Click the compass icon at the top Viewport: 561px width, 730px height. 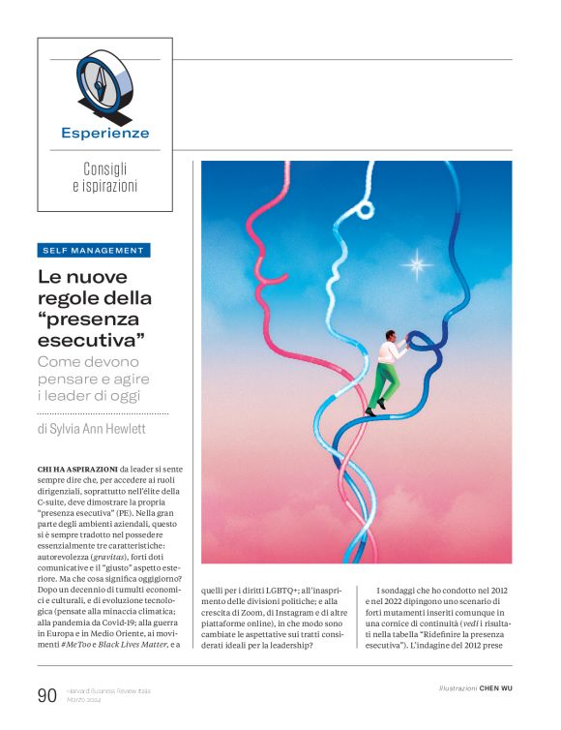coord(104,83)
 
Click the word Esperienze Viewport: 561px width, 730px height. coord(104,134)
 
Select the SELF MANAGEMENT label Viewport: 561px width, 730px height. coord(93,250)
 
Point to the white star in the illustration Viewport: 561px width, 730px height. coord(418,262)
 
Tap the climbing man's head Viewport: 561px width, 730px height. coord(389,336)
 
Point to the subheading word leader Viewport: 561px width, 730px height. coord(78,395)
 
